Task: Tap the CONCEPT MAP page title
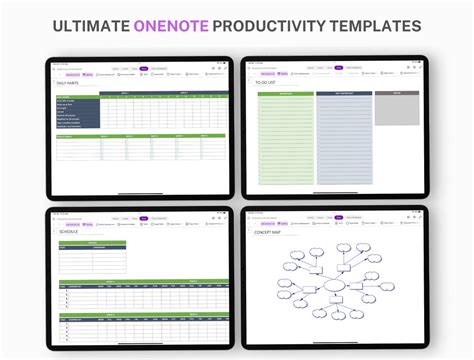[268, 231]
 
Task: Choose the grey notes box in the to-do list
[396, 110]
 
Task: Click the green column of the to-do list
[285, 140]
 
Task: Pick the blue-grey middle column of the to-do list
[344, 140]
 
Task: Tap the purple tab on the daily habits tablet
[144, 68]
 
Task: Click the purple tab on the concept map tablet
[339, 216]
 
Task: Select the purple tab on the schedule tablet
[144, 217]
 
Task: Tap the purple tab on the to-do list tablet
[339, 68]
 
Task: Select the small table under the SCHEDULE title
[92, 257]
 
